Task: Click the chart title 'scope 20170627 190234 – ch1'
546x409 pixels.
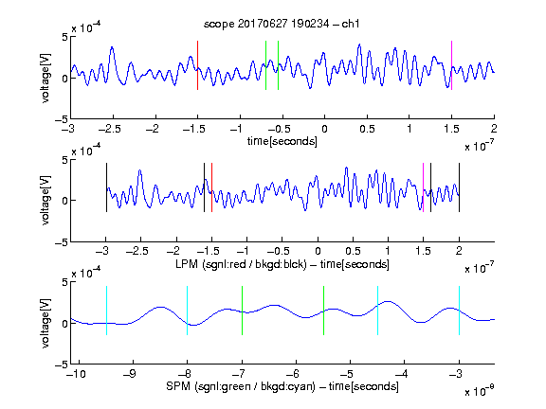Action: pos(282,24)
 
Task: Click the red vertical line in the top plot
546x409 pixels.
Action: pos(197,65)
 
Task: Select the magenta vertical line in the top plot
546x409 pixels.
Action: pos(451,65)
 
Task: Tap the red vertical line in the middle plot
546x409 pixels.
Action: pos(211,187)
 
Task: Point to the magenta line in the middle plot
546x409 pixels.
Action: pos(423,187)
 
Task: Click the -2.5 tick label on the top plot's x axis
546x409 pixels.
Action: pos(110,129)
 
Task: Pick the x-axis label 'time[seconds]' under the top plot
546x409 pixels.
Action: pos(282,141)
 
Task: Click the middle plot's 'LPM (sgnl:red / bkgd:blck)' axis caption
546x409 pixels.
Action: pos(241,264)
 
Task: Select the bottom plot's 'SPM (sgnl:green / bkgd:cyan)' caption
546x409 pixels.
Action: pos(241,386)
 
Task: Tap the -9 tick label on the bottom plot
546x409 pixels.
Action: pos(130,374)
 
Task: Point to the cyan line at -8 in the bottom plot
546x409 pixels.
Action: pos(188,311)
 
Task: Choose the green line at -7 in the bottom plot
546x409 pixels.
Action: pos(242,311)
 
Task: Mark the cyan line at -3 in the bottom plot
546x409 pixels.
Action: pos(460,311)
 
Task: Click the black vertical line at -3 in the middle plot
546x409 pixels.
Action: pos(106,187)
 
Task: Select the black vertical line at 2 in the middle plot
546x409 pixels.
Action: pos(460,187)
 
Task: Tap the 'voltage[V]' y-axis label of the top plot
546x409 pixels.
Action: pos(45,78)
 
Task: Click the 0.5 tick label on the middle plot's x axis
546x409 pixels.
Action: pos(353,251)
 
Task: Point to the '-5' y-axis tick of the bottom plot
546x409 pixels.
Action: pos(62,365)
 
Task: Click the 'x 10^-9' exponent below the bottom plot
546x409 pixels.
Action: pos(480,391)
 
